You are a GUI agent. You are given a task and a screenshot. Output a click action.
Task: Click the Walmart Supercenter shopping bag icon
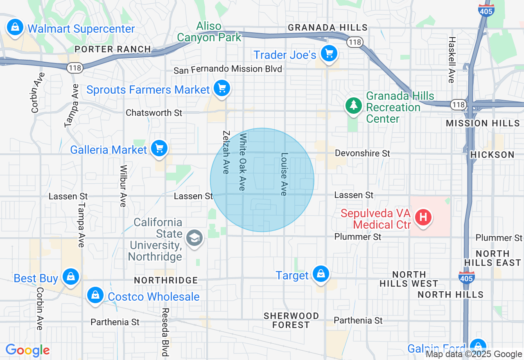[15, 28]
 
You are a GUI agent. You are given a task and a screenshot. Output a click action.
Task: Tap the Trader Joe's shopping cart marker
[329, 54]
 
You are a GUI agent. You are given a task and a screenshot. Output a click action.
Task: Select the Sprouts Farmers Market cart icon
[222, 88]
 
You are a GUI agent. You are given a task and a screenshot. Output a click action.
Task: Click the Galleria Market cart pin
[159, 148]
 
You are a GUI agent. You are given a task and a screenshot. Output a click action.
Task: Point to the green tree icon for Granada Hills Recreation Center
[352, 106]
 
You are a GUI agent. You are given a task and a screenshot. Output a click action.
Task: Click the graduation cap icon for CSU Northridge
[194, 238]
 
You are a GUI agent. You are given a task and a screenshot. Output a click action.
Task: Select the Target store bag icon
[321, 274]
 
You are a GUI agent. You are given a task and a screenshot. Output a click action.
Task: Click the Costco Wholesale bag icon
[95, 295]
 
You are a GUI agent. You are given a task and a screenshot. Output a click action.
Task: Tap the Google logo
[27, 350]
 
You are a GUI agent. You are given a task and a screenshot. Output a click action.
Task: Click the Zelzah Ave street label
[226, 152]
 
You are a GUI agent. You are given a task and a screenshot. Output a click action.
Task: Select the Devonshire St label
[362, 153]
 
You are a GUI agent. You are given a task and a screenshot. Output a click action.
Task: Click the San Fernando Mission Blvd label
[228, 69]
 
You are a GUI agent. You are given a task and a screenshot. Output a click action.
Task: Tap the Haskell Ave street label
[451, 60]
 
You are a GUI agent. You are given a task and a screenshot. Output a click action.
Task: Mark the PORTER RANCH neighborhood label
[113, 49]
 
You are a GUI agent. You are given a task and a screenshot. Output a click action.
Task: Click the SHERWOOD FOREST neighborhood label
[291, 320]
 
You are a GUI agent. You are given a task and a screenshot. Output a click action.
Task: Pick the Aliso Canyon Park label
[209, 32]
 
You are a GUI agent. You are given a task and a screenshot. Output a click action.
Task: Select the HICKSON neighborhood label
[492, 155]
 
